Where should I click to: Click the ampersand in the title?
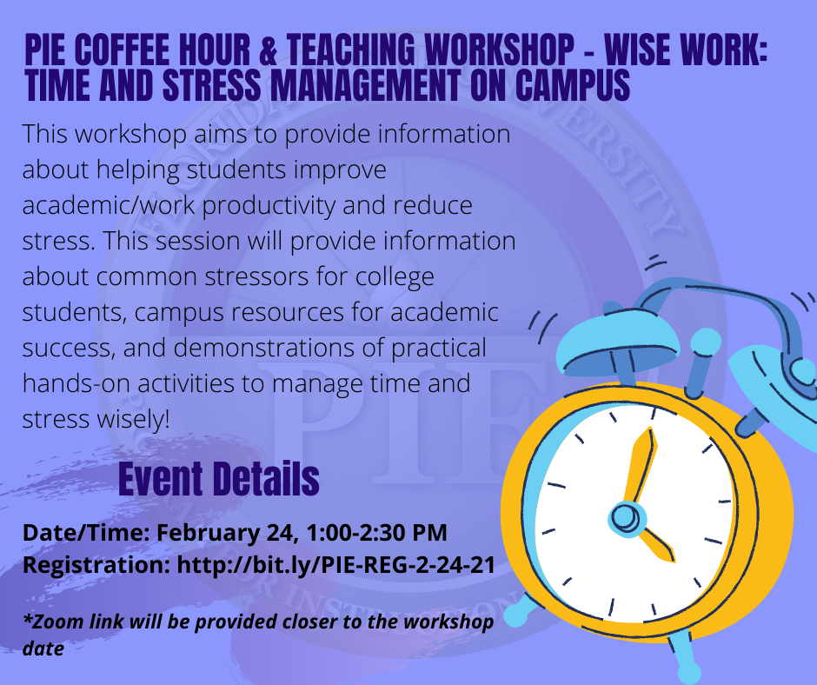268,50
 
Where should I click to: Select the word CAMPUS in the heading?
573,85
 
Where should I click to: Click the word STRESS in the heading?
211,85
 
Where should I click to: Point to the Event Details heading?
219,479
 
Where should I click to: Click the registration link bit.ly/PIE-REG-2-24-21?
336,565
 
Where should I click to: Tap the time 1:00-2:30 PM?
376,533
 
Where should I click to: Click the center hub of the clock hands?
626,519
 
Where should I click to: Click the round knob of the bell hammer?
706,342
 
